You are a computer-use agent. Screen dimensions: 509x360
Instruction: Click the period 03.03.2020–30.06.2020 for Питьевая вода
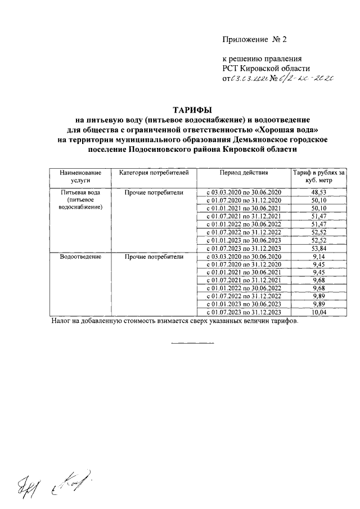(244, 192)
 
